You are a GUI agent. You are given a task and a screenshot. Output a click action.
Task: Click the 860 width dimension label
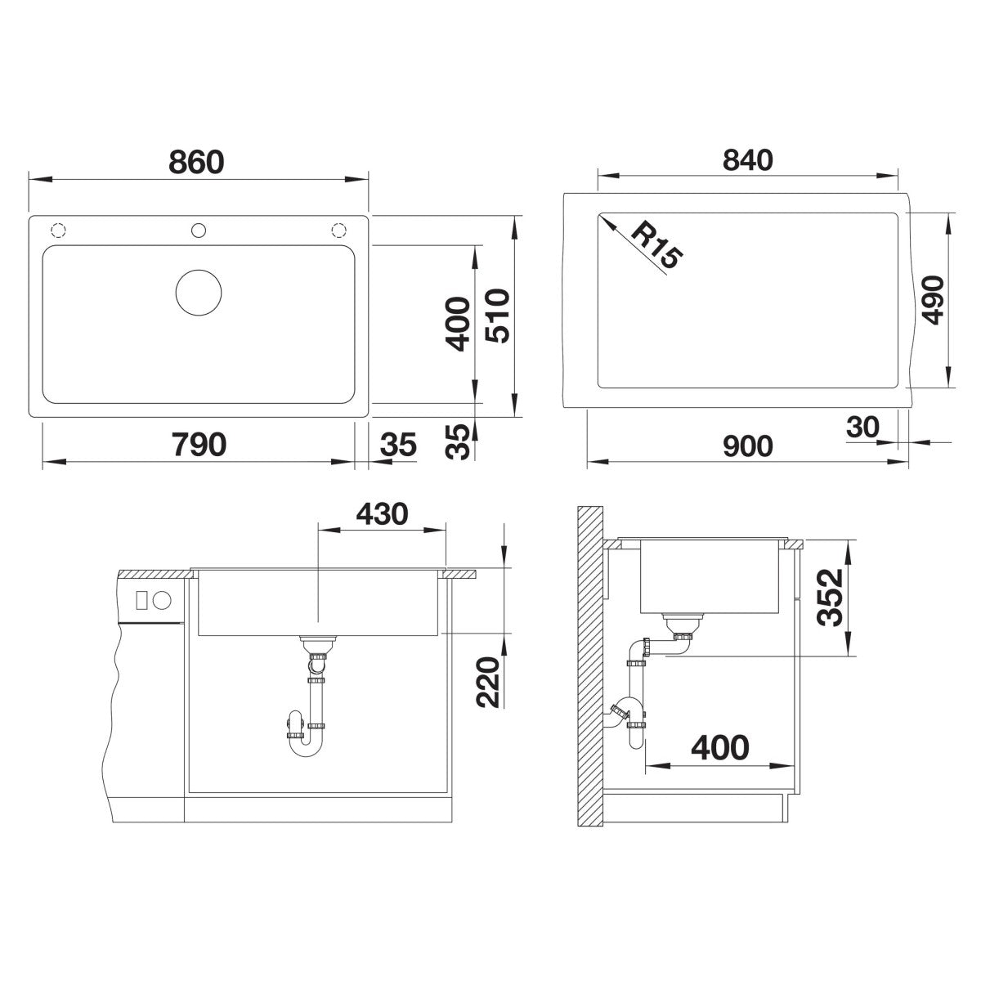point(196,162)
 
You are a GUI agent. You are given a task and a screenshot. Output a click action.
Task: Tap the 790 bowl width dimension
point(199,444)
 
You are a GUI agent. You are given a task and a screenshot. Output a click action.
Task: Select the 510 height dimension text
point(497,316)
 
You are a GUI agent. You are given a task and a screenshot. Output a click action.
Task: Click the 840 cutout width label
point(747,160)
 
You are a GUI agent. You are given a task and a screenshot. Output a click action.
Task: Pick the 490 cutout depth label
point(933,300)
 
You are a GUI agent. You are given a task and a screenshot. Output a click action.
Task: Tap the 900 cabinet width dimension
point(747,446)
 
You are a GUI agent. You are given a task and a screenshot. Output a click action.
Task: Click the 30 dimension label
point(862,427)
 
